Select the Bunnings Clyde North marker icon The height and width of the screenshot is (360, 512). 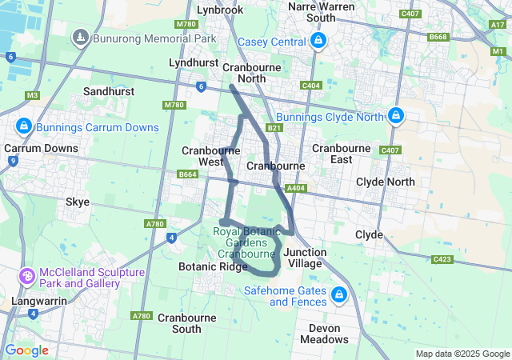394,116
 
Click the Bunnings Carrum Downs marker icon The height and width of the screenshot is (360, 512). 24,127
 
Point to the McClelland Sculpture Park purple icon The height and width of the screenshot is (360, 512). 26,277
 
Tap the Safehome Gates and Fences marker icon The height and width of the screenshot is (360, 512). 339,296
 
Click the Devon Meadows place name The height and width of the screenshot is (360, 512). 325,334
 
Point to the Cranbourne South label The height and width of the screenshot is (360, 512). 179,323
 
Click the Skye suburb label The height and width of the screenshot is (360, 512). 78,202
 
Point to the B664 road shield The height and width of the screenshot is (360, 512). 188,174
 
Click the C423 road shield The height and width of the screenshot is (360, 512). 442,259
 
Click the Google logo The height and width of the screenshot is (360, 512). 26,350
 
